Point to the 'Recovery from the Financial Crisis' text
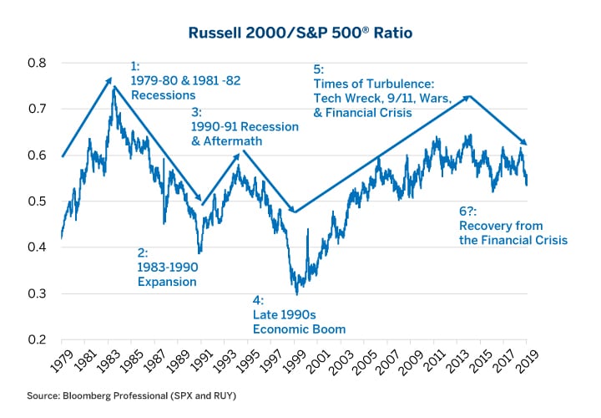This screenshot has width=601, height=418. (x=513, y=232)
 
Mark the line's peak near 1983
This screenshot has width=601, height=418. (x=114, y=86)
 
